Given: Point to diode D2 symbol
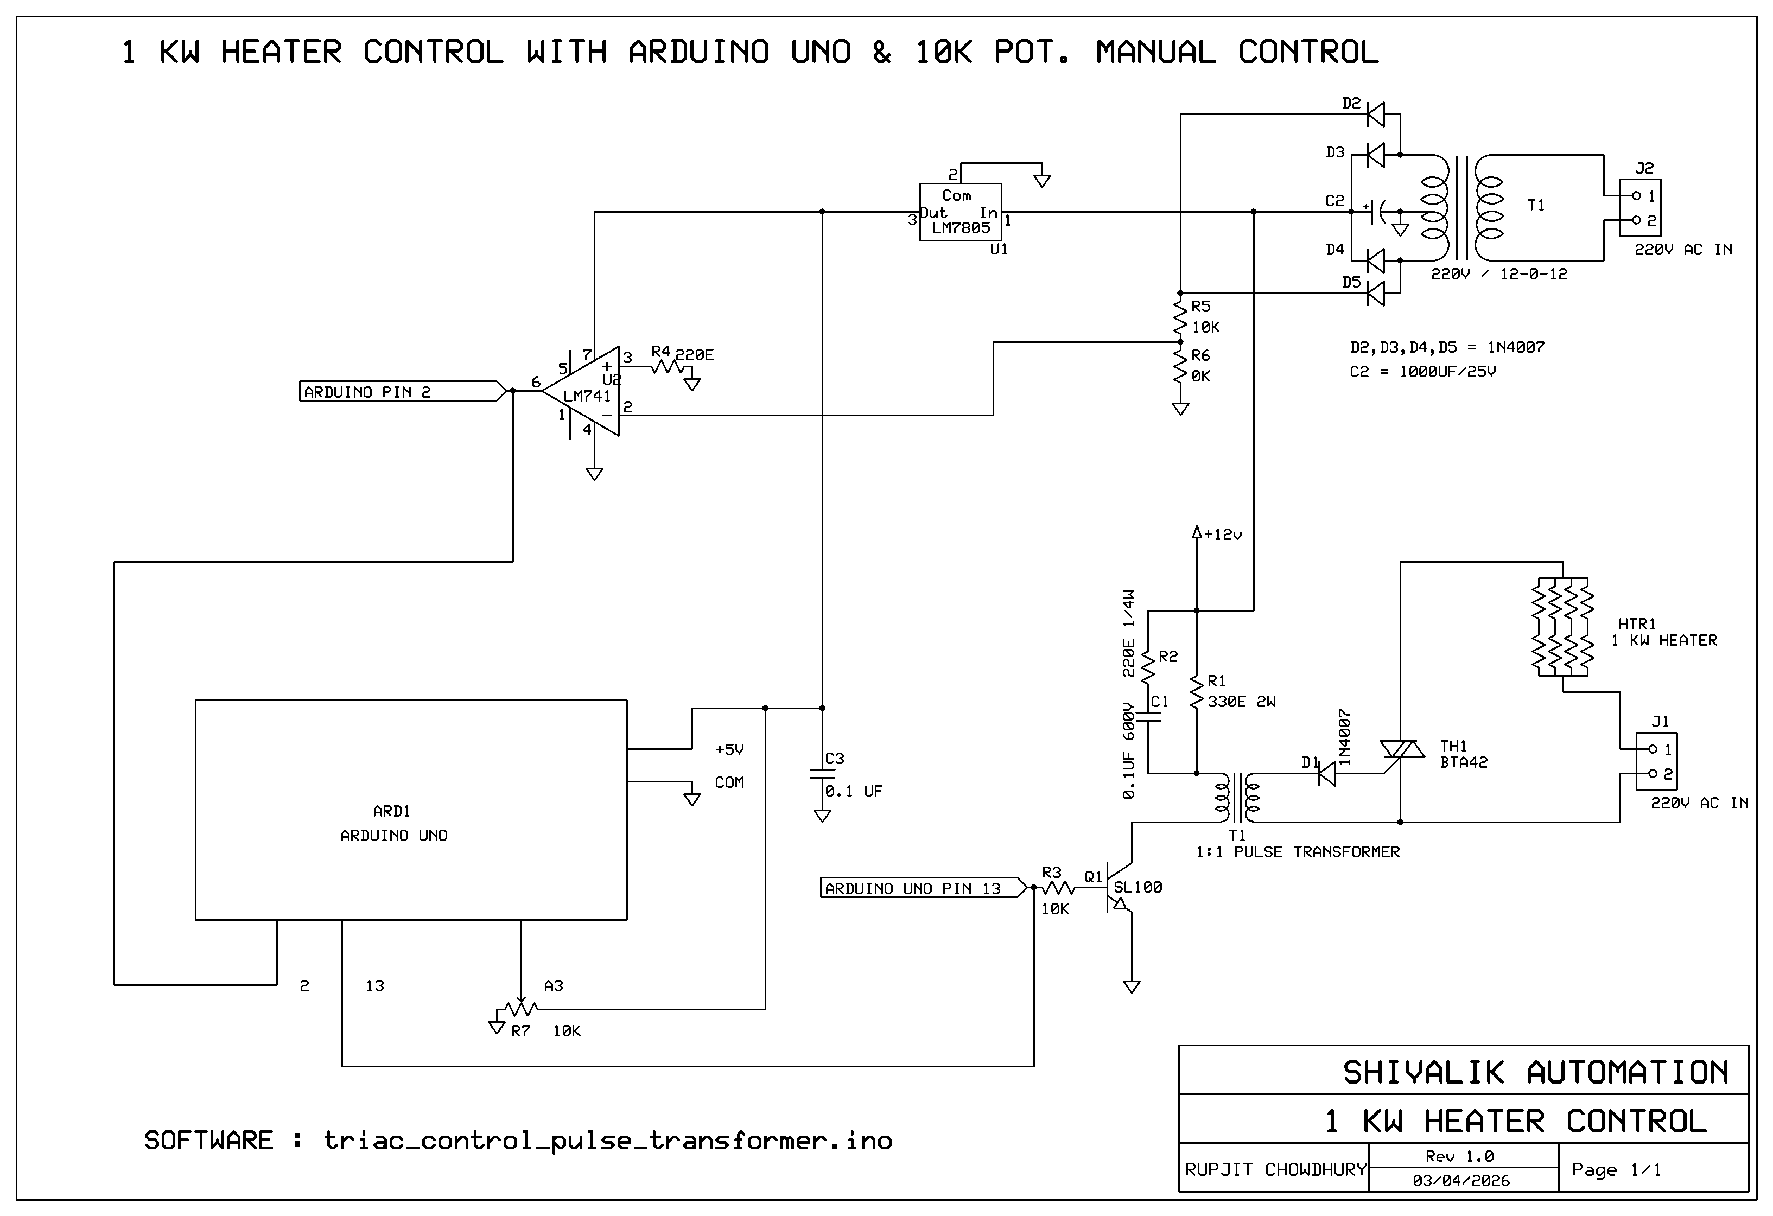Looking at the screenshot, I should (1376, 114).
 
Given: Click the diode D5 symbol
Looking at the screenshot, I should (1376, 293).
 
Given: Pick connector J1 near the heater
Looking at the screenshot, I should (1656, 761).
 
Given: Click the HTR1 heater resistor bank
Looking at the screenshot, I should (1563, 627).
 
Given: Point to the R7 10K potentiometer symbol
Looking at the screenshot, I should (520, 1009).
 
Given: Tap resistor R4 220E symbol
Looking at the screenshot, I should (668, 367).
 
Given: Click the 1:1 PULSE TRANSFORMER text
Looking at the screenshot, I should (1297, 852).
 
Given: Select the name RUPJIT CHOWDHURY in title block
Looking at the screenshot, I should (1274, 1169).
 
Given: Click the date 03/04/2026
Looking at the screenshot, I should (1461, 1181).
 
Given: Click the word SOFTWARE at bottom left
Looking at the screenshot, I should (208, 1141).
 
